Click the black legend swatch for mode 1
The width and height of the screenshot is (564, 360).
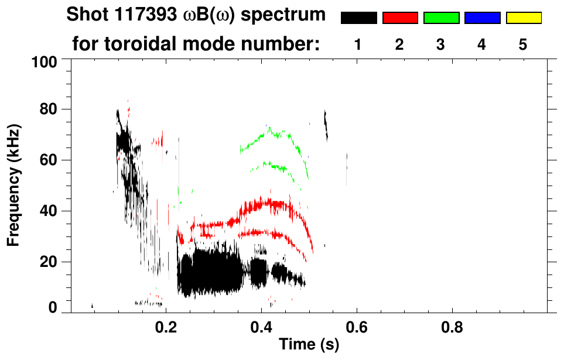pos(359,18)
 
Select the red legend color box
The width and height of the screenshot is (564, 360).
pos(400,18)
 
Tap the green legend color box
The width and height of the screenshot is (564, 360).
pos(441,18)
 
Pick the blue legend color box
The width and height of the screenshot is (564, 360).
pos(482,18)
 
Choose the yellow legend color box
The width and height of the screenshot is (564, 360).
pos(524,18)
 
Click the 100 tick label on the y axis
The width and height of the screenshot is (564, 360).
pos(45,61)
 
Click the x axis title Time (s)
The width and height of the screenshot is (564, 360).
pos(309,345)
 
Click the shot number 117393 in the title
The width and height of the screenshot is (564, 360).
pos(143,15)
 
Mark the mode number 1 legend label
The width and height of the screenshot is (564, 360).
pos(358,44)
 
